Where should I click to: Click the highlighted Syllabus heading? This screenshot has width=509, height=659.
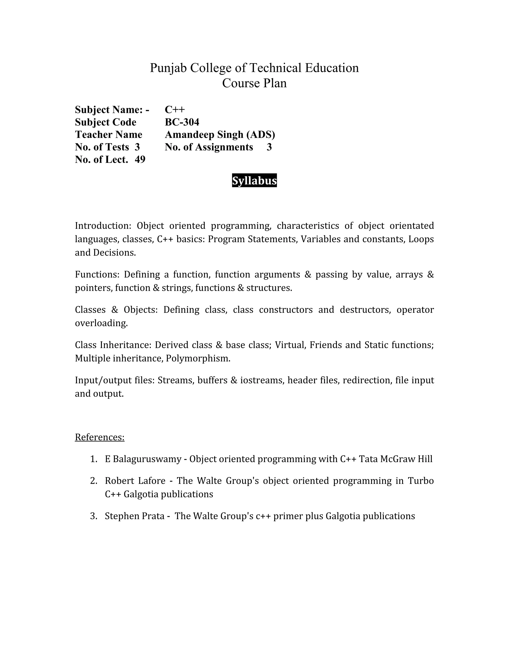pos(254,181)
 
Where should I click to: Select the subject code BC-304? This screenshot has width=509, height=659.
pos(182,122)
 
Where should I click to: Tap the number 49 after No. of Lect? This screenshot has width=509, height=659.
pos(140,159)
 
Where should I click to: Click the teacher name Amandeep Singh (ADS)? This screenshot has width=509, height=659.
pos(220,135)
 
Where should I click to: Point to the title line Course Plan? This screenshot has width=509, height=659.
pos(254,83)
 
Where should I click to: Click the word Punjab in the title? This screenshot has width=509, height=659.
pos(169,68)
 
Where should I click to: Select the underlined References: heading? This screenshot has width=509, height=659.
pos(99,437)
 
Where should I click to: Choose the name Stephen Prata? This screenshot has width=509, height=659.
pos(134,516)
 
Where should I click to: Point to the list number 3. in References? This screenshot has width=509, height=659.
pos(93,516)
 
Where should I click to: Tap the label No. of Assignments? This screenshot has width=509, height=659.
pos(209,147)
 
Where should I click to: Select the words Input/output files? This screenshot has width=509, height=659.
pos(115,380)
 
